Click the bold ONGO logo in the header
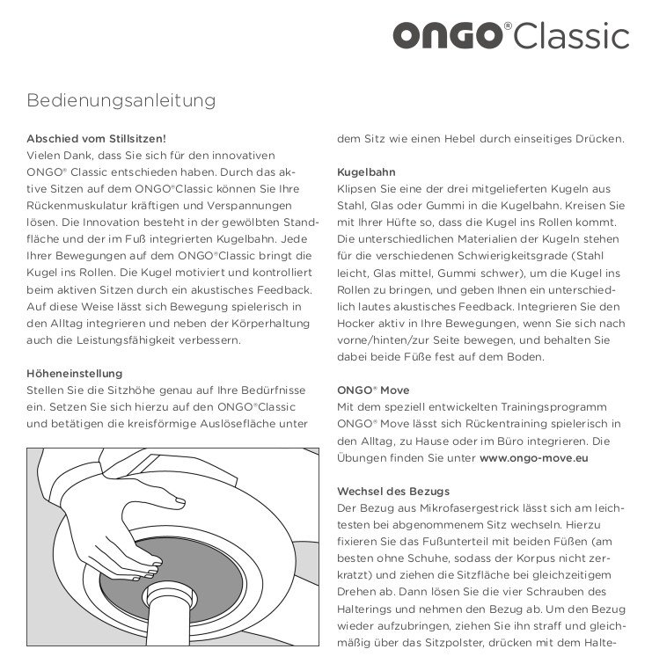tap(447, 37)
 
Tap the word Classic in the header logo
tap(572, 37)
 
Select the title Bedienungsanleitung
tap(121, 100)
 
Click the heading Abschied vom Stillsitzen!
tap(97, 138)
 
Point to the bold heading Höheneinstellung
tap(75, 373)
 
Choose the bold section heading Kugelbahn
tap(366, 171)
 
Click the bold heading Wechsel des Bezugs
tap(393, 490)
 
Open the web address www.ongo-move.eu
tap(534, 457)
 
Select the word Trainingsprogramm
tap(539, 407)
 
